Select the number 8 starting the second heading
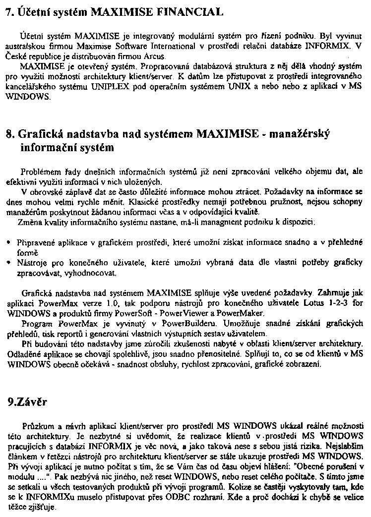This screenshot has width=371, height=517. pyautogui.click(x=8, y=134)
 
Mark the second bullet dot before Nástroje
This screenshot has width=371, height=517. pyautogui.click(x=9, y=263)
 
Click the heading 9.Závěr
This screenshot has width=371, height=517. pyautogui.click(x=27, y=402)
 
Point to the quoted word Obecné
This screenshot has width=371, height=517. pyautogui.click(x=307, y=466)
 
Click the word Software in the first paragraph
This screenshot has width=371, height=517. pyautogui.click(x=130, y=47)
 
